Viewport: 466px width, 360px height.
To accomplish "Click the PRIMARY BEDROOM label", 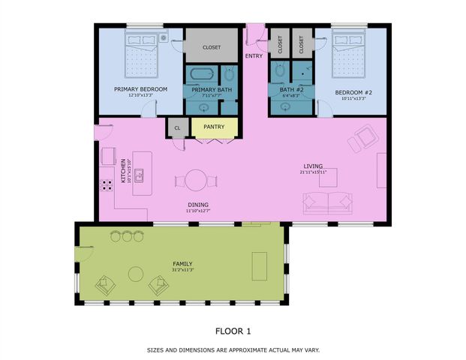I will tap(140, 89).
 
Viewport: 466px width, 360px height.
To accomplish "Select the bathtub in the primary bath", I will tap(200, 74).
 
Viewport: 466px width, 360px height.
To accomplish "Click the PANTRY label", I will tap(214, 127).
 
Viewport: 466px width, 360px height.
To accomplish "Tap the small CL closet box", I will tap(177, 128).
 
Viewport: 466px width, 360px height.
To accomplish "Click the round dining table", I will tap(197, 181).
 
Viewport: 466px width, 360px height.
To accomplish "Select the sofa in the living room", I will tap(327, 202).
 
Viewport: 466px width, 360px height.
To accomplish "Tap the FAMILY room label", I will tap(182, 264).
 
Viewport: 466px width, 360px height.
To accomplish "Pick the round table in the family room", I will tap(136, 273).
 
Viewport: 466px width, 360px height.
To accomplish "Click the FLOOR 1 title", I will tap(233, 331).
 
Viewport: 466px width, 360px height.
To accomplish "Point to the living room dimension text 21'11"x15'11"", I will tap(313, 172).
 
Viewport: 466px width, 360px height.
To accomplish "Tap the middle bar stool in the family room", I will tap(127, 236).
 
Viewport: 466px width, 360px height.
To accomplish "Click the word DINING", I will tap(198, 205).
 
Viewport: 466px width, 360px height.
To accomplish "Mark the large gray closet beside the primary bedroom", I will tap(212, 46).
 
